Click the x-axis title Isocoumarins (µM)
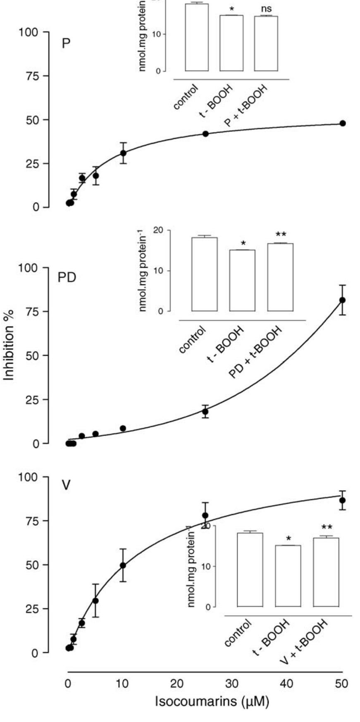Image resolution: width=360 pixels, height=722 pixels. tap(212, 701)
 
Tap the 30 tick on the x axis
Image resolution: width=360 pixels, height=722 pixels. tap(232, 683)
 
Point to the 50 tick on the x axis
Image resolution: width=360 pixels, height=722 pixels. tap(341, 683)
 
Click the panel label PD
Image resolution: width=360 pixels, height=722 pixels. tap(67, 278)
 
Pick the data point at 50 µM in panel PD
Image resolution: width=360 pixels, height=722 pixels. tap(342, 300)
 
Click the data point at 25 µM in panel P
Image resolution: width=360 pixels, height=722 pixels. tap(205, 133)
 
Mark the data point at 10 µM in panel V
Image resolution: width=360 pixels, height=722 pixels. tap(123, 565)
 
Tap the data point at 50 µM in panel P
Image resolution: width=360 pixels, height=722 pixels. tap(342, 123)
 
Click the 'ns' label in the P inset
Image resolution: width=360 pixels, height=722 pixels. tap(266, 7)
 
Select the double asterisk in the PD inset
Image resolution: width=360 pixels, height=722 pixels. tap(280, 235)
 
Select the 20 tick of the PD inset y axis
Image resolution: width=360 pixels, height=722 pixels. tap(158, 230)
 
